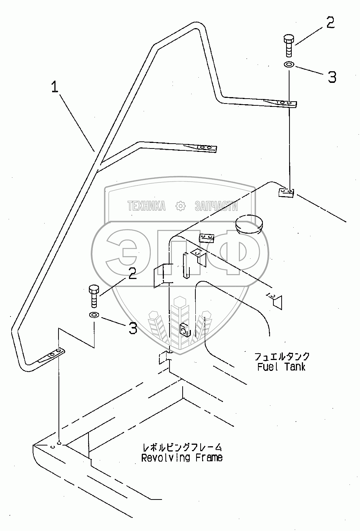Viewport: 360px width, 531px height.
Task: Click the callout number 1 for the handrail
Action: pos(55,88)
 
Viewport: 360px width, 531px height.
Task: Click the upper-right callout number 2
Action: pos(330,23)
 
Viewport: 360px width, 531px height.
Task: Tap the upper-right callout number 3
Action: pos(332,77)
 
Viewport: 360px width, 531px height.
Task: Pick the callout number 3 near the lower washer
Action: pos(133,328)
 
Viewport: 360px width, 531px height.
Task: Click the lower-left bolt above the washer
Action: pos(93,296)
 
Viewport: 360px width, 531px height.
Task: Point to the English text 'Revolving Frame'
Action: pos(182,457)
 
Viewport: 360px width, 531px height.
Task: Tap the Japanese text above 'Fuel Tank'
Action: pos(282,356)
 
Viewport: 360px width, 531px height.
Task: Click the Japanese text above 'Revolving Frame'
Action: pos(182,447)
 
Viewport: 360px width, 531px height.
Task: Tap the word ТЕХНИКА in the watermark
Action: pos(147,205)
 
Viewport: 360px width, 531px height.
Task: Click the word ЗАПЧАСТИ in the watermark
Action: pos(216,205)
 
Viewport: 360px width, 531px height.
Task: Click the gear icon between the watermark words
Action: pos(181,205)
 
